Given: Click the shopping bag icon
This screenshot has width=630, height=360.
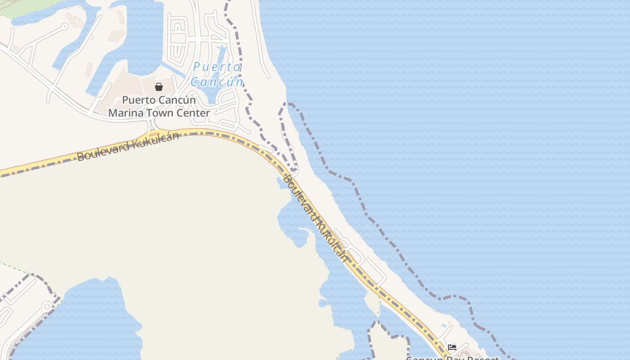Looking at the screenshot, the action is [159, 87].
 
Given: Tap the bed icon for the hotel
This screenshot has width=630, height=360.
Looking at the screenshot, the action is [452, 347].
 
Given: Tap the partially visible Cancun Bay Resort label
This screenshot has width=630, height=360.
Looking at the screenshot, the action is [452, 358].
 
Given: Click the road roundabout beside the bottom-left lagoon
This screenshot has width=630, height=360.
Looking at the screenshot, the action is [46, 306].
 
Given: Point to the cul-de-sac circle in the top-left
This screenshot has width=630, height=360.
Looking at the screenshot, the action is [65, 27].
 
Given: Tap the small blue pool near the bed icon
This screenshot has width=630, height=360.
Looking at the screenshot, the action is [445, 325].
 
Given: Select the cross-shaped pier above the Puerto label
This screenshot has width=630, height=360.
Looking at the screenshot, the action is [221, 49].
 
